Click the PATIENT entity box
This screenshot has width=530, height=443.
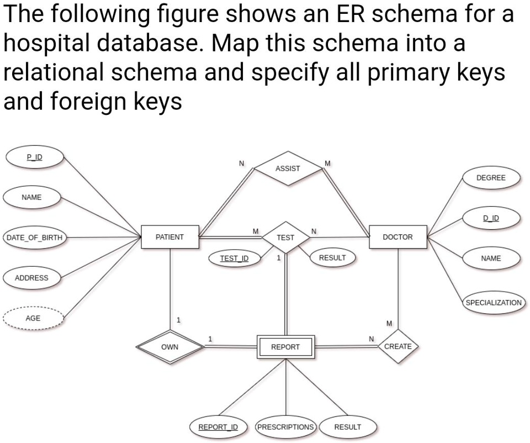pos(170,237)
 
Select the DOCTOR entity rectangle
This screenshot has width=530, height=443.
pos(398,237)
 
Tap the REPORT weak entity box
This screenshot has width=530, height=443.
pos(285,347)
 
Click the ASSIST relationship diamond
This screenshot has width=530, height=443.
pos(288,168)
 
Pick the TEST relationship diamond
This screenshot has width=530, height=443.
pos(285,238)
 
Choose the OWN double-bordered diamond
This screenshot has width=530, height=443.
pos(169,347)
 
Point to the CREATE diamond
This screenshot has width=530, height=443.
pos(398,346)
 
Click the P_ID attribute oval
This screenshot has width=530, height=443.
pos(34,157)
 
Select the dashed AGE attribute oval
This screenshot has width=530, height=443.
pos(33,318)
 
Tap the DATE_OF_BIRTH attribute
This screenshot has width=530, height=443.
pos(34,238)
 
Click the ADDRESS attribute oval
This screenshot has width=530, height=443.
pos(32,278)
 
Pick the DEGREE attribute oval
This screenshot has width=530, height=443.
pos(491,178)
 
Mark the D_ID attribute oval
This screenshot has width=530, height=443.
pos(491,218)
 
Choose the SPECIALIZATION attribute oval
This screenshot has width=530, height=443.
pos(494,303)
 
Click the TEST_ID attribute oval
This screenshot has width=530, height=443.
pos(234,259)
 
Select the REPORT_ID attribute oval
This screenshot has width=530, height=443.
pos(218,427)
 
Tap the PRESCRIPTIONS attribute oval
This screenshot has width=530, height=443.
pos(285,427)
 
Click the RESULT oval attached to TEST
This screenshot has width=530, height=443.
pos(332,258)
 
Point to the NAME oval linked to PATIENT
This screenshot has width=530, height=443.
pos(32,197)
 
